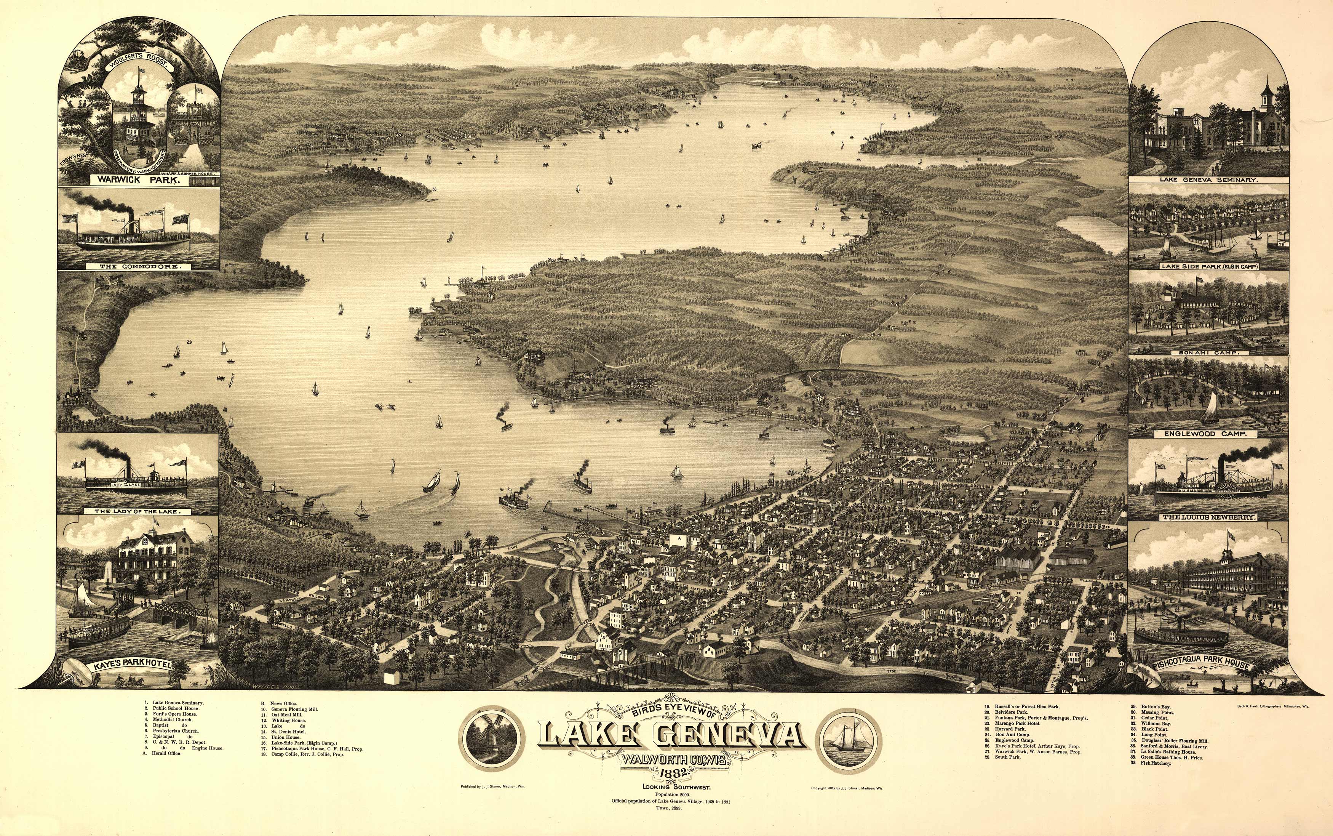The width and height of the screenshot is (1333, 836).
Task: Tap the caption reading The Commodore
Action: point(139,266)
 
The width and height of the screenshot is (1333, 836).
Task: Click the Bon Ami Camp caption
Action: point(1209,352)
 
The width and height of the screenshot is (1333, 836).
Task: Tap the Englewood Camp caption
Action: point(1209,434)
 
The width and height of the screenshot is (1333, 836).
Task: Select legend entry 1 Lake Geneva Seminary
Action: point(174,703)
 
